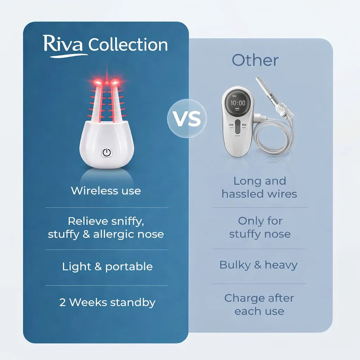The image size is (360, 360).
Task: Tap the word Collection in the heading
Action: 128,45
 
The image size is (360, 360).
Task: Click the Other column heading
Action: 255,60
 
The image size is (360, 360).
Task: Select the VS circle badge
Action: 187,118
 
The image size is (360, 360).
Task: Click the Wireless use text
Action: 106,191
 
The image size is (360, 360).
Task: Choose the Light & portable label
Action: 107,266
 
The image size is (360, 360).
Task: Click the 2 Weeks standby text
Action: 107,302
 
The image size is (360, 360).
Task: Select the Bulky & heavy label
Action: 258,265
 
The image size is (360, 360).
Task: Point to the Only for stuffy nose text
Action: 260,227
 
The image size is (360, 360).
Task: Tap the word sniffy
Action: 126,221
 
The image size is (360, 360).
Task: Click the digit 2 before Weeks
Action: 63,302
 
